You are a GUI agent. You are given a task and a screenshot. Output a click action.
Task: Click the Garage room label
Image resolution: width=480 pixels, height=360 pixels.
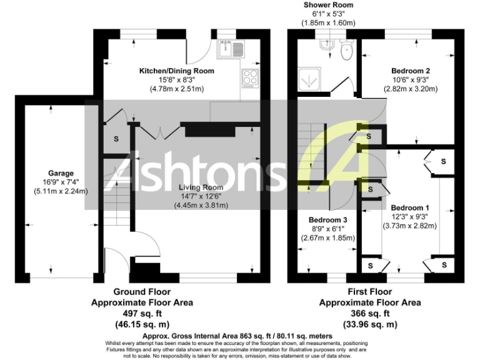point(61,173)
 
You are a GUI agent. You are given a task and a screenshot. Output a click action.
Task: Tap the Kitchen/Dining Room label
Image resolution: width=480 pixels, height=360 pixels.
point(176,71)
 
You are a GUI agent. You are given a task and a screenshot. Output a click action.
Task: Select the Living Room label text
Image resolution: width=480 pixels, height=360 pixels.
point(200,187)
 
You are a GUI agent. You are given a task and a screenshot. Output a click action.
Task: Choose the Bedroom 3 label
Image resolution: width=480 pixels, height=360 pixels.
point(328,219)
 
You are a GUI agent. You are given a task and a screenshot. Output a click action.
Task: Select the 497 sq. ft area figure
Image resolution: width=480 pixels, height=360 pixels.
point(142,313)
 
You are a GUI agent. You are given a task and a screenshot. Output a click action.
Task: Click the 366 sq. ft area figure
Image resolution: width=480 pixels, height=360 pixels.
point(370,313)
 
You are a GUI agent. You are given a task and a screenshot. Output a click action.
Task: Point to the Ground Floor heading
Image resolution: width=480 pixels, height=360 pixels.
point(142,291)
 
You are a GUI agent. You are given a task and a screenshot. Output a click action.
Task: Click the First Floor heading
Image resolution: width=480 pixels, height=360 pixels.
point(370,291)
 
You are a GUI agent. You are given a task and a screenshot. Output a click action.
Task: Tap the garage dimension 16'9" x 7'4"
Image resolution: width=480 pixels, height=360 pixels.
point(61,182)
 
